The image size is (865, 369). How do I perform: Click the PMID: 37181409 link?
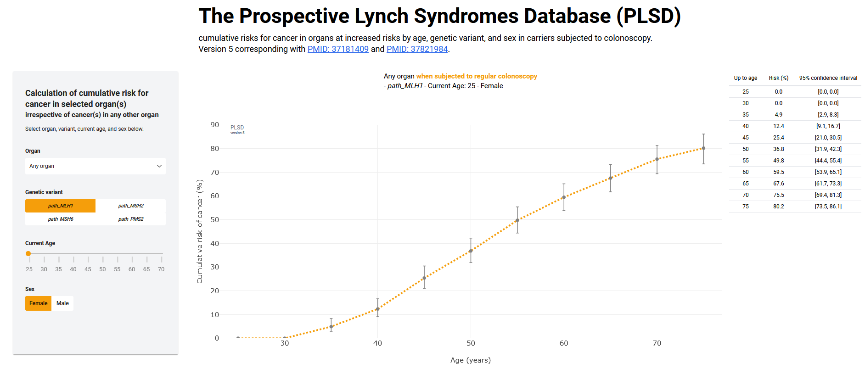tap(338, 49)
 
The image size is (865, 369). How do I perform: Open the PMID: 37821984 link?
tap(417, 49)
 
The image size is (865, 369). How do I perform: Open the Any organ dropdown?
tap(95, 166)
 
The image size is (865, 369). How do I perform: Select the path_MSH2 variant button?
tap(131, 206)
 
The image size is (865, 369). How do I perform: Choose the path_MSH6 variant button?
tap(61, 219)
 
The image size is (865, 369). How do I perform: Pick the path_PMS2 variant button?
tap(131, 219)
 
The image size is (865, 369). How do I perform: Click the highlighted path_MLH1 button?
tap(61, 206)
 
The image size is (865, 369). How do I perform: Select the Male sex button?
tap(62, 303)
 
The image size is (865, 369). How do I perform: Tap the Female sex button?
tap(39, 303)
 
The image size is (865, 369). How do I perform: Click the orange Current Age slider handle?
tap(28, 253)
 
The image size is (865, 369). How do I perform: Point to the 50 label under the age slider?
tap(102, 269)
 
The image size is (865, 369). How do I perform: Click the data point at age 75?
tap(703, 148)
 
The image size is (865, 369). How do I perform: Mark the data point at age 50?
tap(471, 251)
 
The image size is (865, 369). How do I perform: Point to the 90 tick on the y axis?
tap(214, 125)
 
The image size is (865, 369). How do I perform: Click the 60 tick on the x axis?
tap(564, 343)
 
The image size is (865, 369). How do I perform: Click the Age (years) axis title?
tap(471, 360)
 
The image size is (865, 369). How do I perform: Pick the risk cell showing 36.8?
tap(779, 149)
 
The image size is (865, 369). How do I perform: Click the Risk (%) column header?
tap(779, 78)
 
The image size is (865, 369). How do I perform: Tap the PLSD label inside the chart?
tap(237, 128)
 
